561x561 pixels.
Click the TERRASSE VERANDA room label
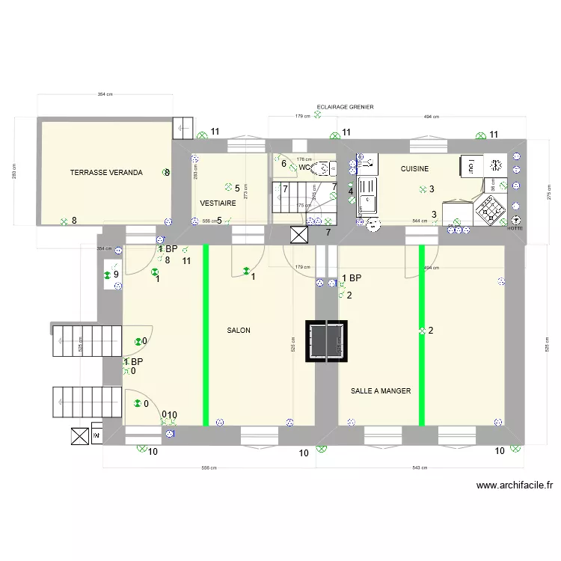(105, 173)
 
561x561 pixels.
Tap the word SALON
(239, 330)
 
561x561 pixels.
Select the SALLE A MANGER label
(381, 390)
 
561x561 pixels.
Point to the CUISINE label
(414, 169)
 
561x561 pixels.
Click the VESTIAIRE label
(218, 203)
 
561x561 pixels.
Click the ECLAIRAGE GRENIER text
(345, 107)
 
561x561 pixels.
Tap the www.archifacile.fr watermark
(515, 485)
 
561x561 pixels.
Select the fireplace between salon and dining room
(327, 340)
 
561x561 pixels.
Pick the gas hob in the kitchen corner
(491, 211)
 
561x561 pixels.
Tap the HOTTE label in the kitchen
(515, 228)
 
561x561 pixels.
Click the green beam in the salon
(206, 334)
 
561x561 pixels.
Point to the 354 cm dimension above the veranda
(105, 94)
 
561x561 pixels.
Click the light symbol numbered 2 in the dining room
(422, 330)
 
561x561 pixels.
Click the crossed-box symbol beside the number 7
(298, 236)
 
